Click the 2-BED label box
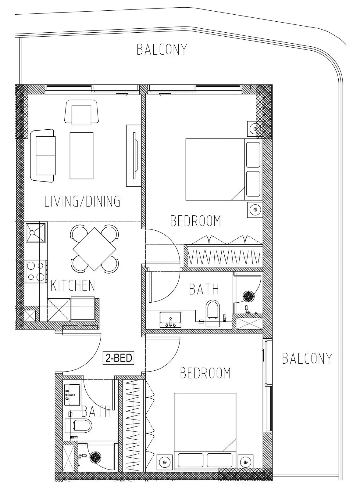tap(119, 358)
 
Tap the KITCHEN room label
tap(73, 286)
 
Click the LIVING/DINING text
tap(82, 201)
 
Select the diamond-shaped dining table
tap(94, 249)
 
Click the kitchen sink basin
tap(36, 233)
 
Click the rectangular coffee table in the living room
tap(82, 156)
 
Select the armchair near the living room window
tap(81, 112)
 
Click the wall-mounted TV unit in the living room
tap(134, 156)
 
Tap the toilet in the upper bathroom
tap(213, 311)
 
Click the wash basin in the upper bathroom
tap(170, 319)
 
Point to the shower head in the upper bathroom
tap(248, 296)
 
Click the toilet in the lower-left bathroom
tap(82, 426)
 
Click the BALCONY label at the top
tap(162, 49)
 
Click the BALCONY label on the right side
tap(308, 358)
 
